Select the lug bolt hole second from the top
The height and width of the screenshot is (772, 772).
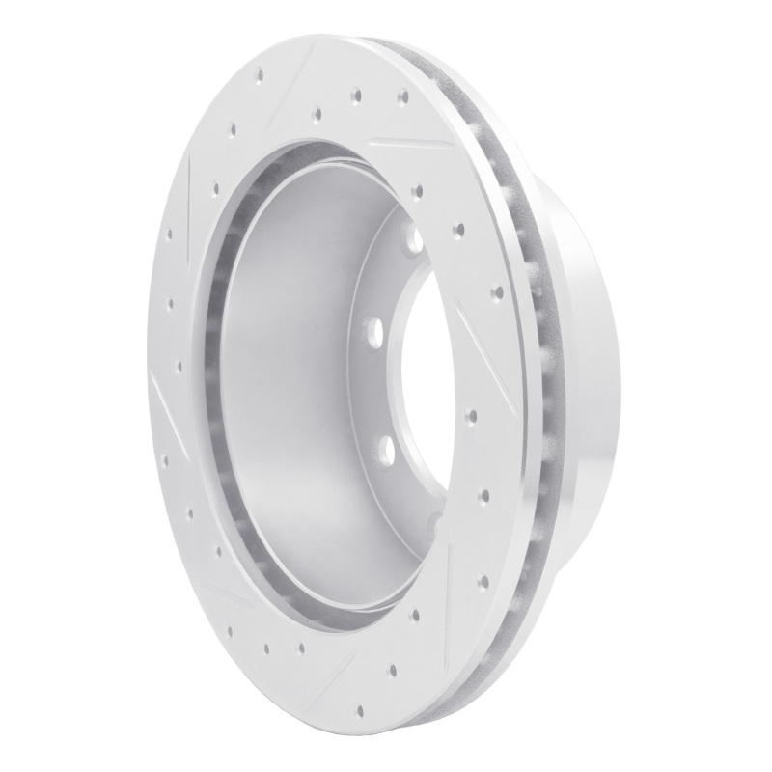(372, 334)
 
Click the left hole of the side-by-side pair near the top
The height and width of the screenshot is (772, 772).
(356, 94)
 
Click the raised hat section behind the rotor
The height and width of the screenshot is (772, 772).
(589, 386)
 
